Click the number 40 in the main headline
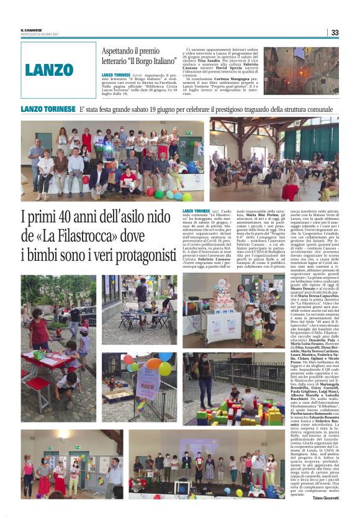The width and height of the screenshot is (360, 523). [x=72, y=218]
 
